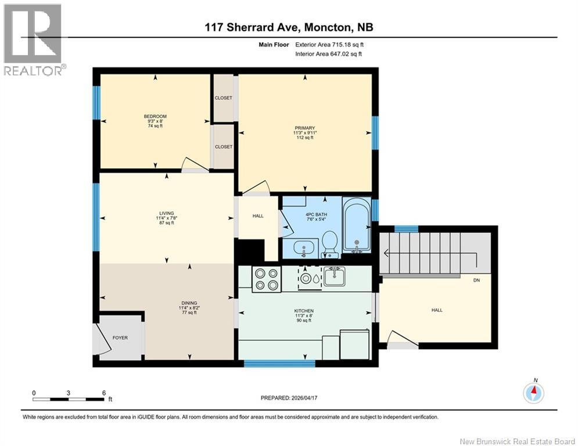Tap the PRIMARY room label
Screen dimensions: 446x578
coord(304,128)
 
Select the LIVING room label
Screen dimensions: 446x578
coord(168,213)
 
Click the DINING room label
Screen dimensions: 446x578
coord(188,303)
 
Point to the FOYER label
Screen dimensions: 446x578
coord(120,337)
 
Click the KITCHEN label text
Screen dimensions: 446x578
coord(303,311)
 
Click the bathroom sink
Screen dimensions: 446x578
coord(303,249)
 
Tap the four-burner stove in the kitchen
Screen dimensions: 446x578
coord(267,279)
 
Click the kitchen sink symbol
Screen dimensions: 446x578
coord(333,276)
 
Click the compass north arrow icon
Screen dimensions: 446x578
coord(533,393)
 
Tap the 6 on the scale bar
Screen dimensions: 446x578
coord(103,393)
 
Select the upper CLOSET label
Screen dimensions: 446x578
coord(223,98)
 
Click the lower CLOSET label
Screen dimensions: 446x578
coord(223,147)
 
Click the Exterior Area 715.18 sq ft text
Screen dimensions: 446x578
coord(329,44)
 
